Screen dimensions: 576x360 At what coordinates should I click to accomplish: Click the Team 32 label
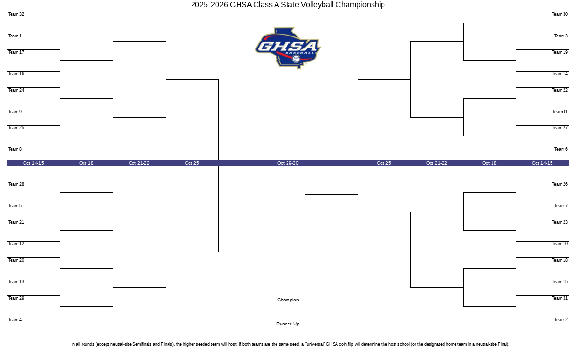(x=16, y=14)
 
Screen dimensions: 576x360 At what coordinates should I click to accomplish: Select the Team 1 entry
(x=15, y=36)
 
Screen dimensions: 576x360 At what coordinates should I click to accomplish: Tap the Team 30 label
(x=560, y=14)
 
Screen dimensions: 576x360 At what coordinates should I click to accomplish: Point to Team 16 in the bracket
(x=16, y=74)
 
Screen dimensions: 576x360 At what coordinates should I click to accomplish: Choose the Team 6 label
(x=561, y=149)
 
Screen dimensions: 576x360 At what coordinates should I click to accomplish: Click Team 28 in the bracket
(x=16, y=184)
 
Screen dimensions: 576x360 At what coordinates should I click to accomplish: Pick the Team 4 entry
(x=15, y=320)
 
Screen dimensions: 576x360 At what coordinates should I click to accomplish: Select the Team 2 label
(x=561, y=320)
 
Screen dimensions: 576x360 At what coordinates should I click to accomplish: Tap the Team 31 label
(x=560, y=298)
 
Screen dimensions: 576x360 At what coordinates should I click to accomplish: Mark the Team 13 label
(x=16, y=282)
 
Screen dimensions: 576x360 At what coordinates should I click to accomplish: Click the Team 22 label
(x=560, y=90)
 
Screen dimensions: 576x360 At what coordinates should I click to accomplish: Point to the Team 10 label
(x=560, y=244)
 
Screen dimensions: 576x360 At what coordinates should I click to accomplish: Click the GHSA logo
(x=288, y=48)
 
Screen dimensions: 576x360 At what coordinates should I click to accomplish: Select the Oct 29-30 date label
(x=288, y=163)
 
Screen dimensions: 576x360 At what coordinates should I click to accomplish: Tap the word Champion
(x=288, y=300)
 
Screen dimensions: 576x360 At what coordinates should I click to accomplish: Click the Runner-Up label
(x=288, y=324)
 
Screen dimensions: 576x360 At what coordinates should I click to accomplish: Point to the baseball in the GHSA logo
(x=296, y=59)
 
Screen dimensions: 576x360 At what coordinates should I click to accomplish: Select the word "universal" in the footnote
(x=315, y=344)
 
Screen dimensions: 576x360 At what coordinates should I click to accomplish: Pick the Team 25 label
(x=16, y=128)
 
